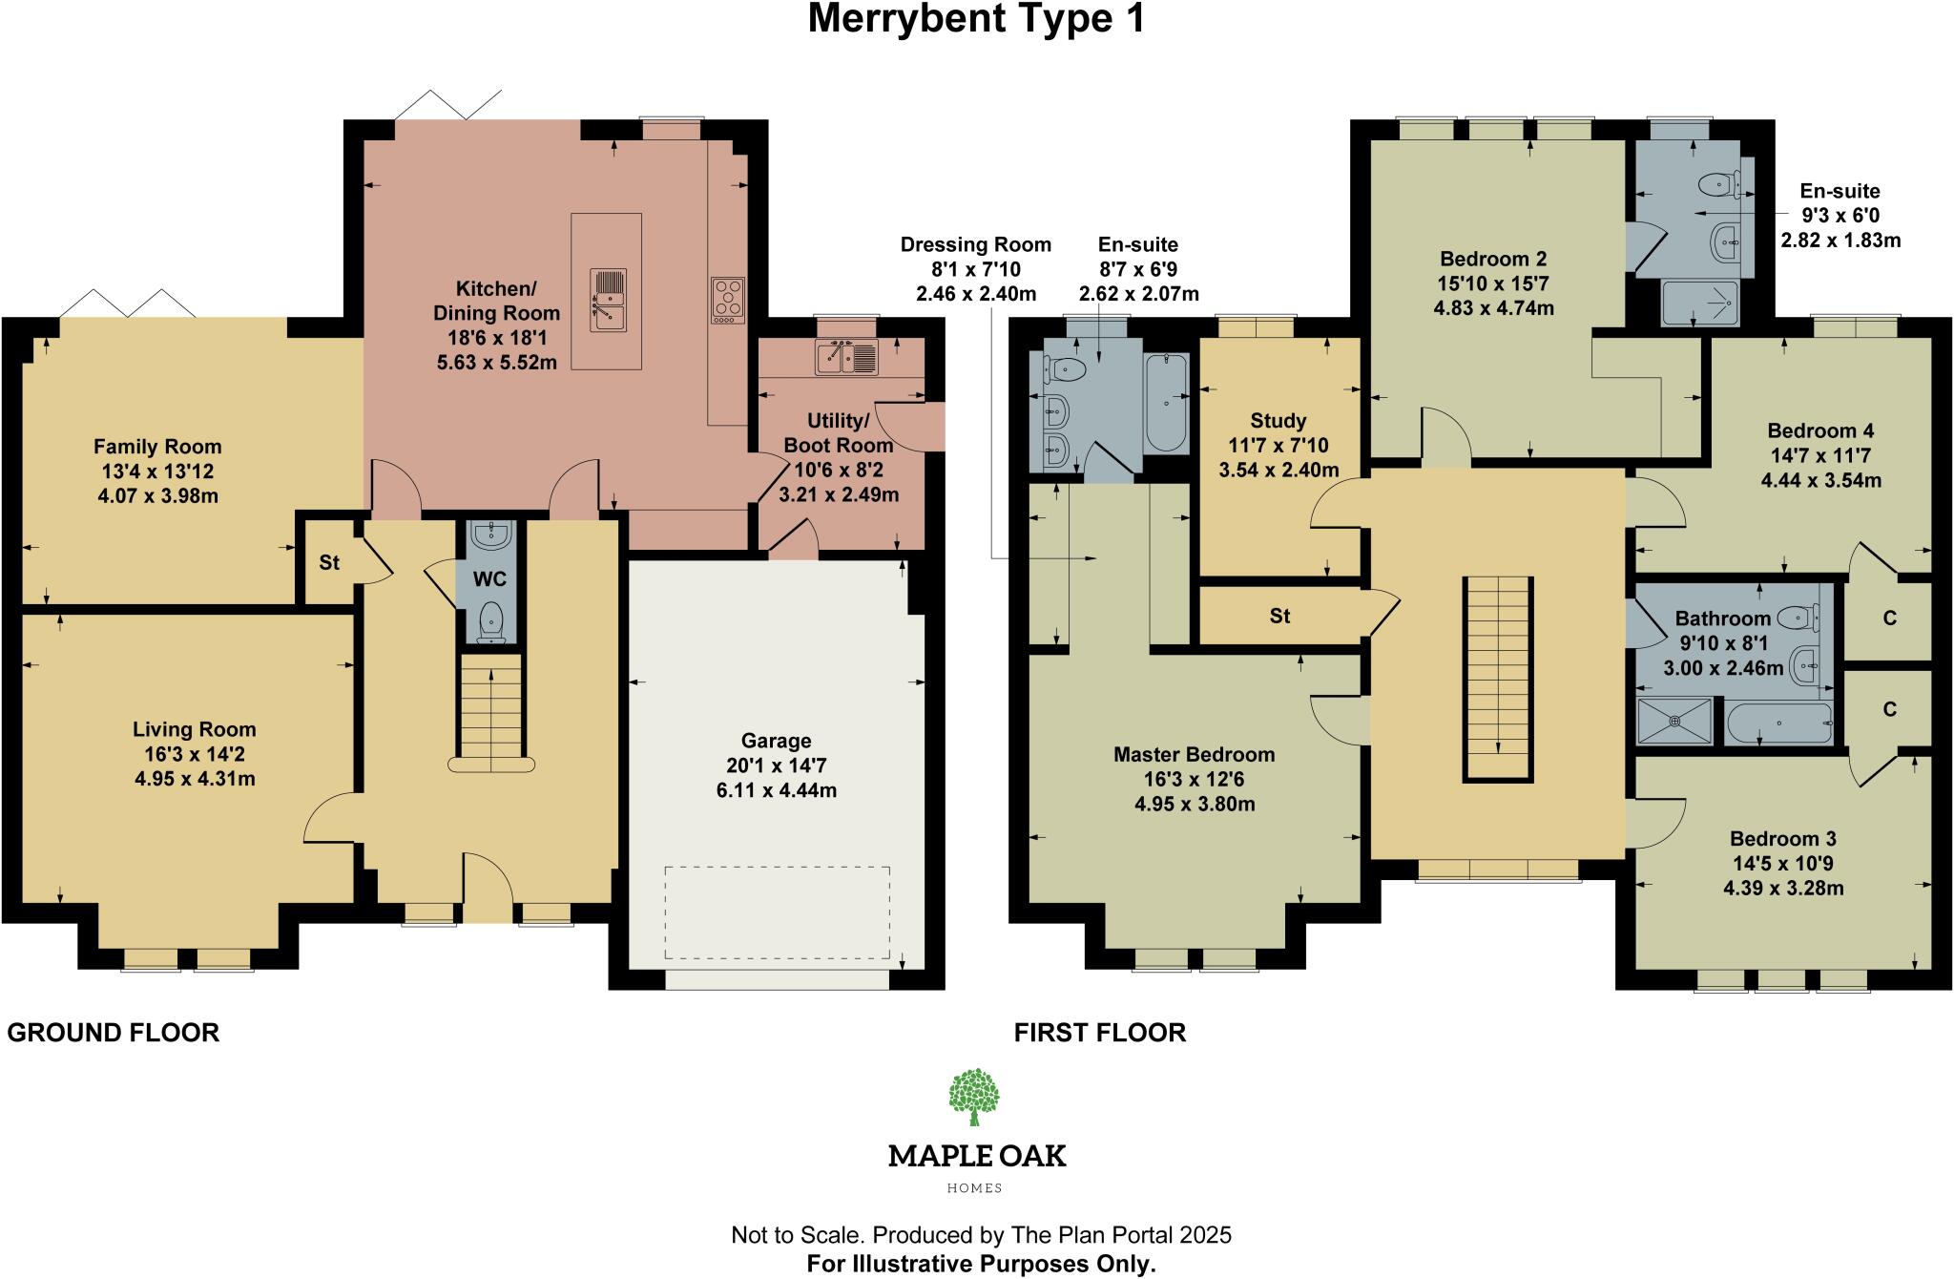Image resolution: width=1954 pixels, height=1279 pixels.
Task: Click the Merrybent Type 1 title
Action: coord(976,20)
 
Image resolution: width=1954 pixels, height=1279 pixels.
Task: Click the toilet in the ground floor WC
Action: coord(490,619)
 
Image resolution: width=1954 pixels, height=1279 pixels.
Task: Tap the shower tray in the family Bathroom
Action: coord(1673,722)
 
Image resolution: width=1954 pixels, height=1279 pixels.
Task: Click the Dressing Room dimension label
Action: coord(975,269)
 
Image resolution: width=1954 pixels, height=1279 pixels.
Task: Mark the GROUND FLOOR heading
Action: coord(114,1033)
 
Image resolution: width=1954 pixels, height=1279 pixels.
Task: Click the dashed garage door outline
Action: coord(777,912)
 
